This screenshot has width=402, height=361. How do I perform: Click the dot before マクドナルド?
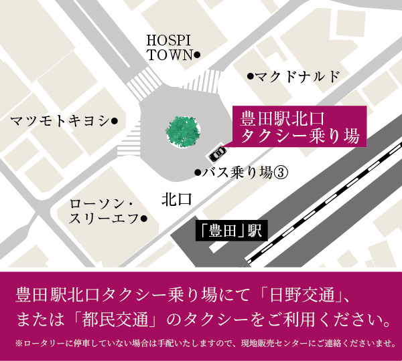(251, 77)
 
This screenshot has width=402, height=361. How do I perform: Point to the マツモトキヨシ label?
(59, 121)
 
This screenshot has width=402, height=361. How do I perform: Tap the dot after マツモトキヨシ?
(114, 121)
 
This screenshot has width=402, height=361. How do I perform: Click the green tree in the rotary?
(182, 130)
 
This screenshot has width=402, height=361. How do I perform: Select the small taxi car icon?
(216, 153)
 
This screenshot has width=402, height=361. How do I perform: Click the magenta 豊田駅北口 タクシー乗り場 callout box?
(299, 127)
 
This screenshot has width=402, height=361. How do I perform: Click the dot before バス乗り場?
(198, 172)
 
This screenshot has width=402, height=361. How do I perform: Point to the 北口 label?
(176, 199)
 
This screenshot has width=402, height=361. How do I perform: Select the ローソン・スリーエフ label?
(103, 211)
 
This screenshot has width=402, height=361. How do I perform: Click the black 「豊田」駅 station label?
(230, 232)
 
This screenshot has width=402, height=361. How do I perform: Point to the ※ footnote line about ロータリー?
(201, 344)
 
